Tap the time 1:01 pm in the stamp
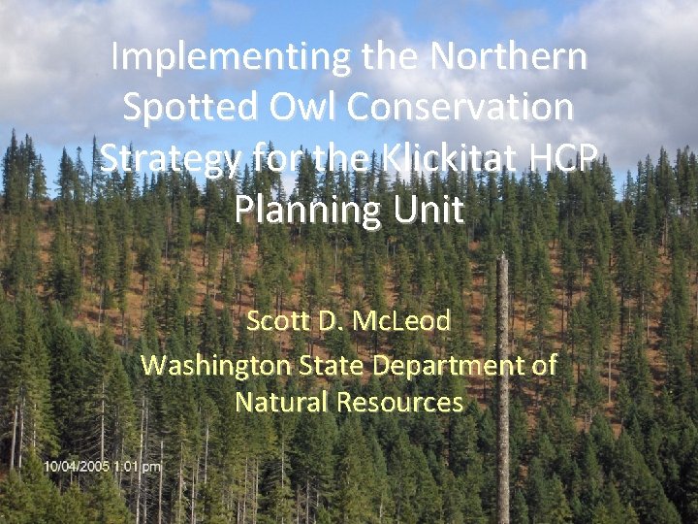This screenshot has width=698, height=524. pos(138,468)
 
